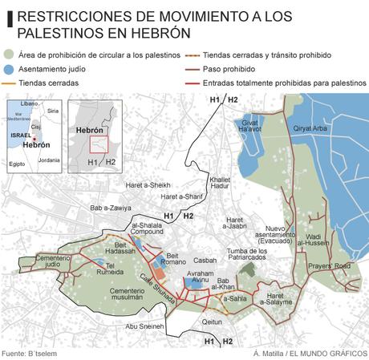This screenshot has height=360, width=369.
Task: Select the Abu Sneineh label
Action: pyautogui.click(x=144, y=326)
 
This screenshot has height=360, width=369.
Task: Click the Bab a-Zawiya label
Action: pyautogui.click(x=110, y=208)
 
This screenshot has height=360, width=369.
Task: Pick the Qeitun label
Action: pyautogui.click(x=212, y=321)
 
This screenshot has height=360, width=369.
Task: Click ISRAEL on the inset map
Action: pyautogui.click(x=20, y=136)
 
